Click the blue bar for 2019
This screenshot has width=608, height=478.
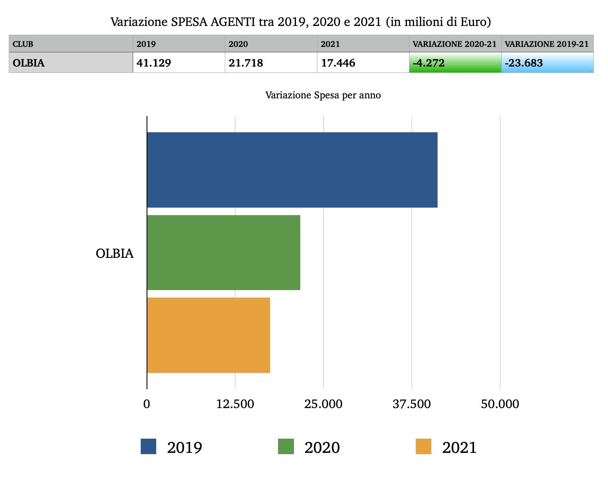pos(292,170)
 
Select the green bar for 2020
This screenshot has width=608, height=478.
pos(224,252)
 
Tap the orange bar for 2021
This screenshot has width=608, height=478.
pos(209,335)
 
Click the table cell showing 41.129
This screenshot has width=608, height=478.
pos(179,63)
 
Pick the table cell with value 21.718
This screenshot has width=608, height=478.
pos(271,63)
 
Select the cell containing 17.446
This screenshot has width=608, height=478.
pos(363,63)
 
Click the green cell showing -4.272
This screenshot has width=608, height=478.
pos(455,63)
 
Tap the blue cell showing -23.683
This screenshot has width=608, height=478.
pos(547,63)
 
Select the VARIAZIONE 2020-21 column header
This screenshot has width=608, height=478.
pos(455,44)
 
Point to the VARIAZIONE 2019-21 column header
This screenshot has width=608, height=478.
pos(547,44)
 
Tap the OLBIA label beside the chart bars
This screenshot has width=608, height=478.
pos(115,254)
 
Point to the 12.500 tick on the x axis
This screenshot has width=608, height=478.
pos(235,404)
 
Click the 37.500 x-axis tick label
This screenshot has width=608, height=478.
pos(412,404)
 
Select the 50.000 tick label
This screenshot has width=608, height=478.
pos(500,404)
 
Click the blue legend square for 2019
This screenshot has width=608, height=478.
pos(148,447)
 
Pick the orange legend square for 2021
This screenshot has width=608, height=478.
pos(423,447)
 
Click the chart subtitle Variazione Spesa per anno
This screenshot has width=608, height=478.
pos(323,95)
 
